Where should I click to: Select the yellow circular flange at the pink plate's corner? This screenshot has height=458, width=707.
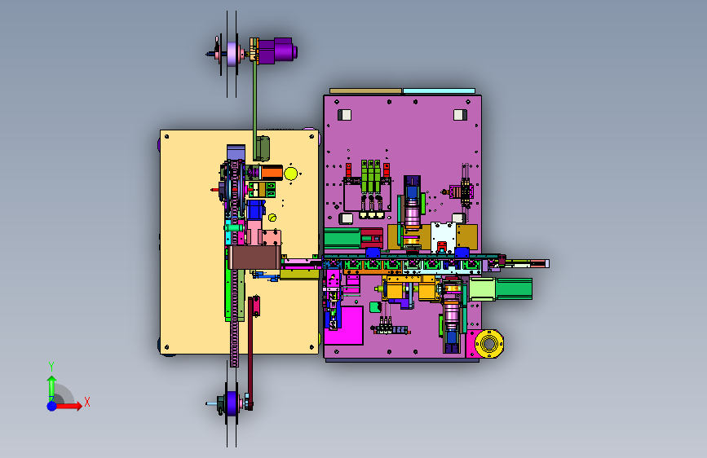click(x=488, y=344)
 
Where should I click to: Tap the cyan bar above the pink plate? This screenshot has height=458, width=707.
click(x=439, y=91)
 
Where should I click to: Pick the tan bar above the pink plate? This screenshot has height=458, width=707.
click(x=365, y=91)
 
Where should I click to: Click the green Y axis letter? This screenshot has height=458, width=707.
click(x=51, y=367)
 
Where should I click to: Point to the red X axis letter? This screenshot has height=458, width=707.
click(x=87, y=402)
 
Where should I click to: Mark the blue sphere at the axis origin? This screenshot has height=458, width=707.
click(x=52, y=406)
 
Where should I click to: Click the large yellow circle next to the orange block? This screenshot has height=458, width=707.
click(x=291, y=174)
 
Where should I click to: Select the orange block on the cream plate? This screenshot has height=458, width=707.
click(x=272, y=173)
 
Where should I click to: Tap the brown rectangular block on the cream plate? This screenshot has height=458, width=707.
click(x=254, y=258)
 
